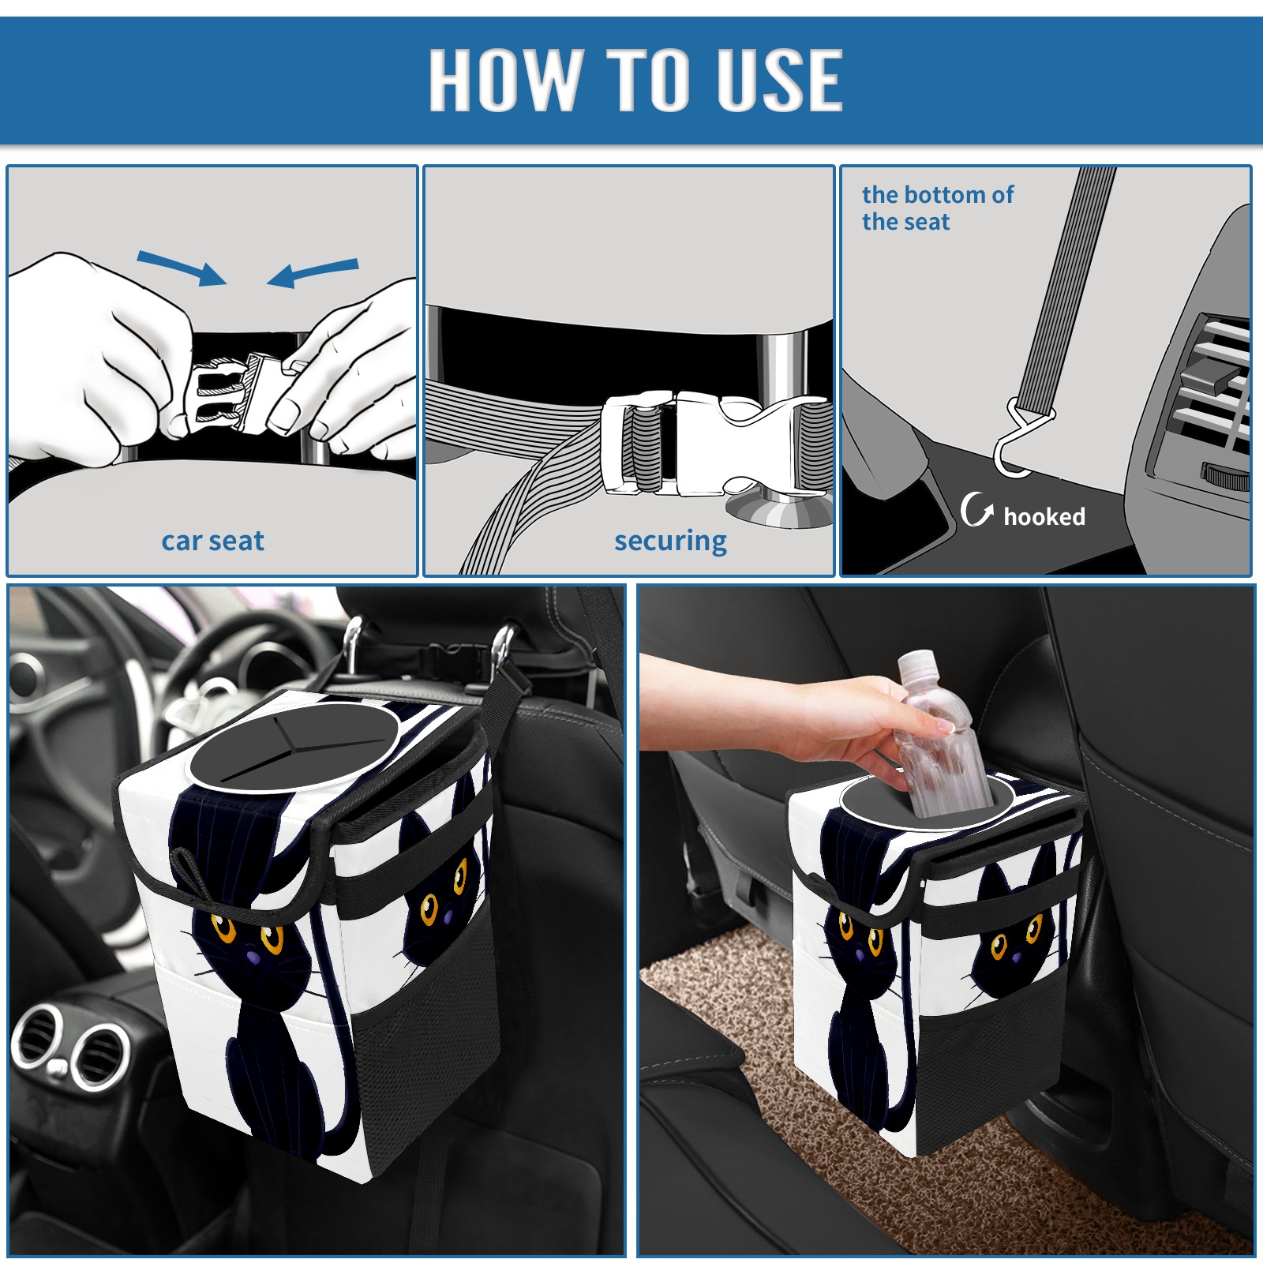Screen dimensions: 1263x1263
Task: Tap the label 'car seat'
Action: tap(212, 541)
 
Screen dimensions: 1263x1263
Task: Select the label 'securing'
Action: tap(670, 542)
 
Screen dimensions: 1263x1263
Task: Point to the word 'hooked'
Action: tap(1044, 516)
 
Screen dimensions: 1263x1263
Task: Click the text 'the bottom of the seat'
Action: tap(937, 208)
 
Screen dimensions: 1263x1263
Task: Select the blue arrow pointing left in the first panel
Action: tap(313, 273)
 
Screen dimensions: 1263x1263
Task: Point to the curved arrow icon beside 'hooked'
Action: tap(976, 510)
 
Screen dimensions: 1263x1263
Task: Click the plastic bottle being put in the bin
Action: tap(941, 734)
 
